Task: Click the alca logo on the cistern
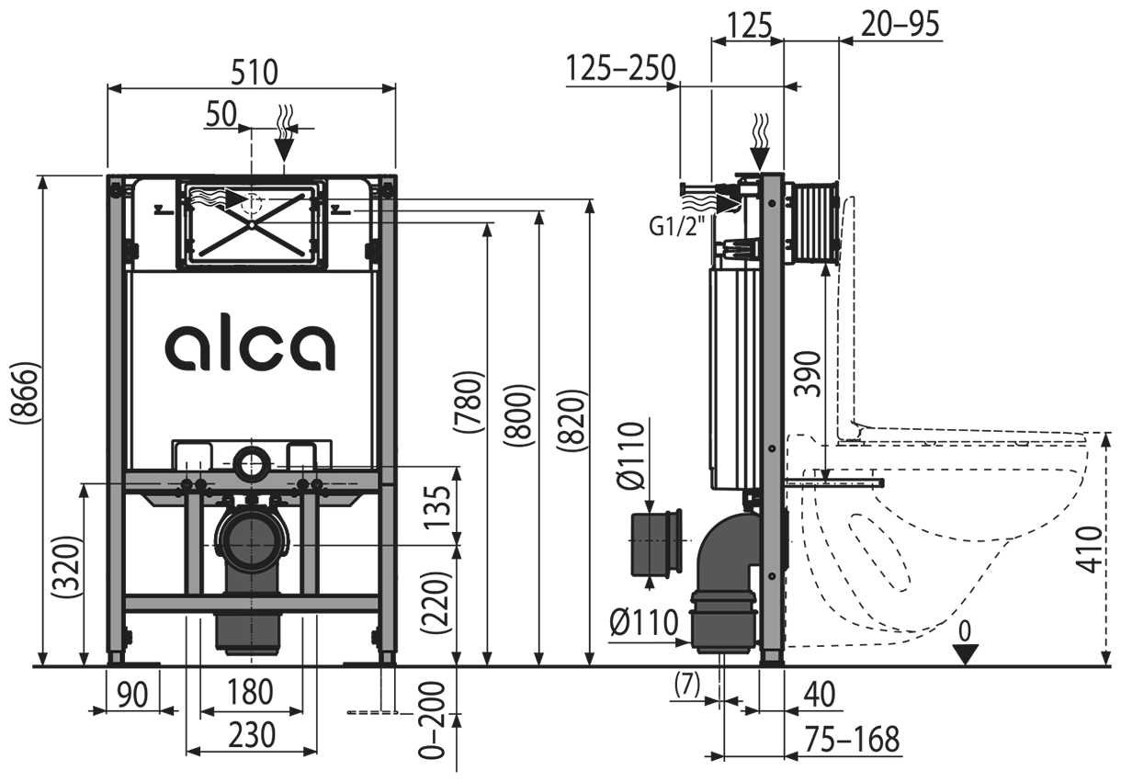(x=250, y=346)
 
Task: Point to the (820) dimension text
(x=572, y=420)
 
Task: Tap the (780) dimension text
(x=470, y=402)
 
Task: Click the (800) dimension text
(x=519, y=414)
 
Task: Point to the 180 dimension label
(x=250, y=692)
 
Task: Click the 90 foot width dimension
(x=131, y=693)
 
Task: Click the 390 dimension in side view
(x=807, y=372)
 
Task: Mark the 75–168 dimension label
(x=850, y=739)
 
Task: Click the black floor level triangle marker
(x=965, y=654)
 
